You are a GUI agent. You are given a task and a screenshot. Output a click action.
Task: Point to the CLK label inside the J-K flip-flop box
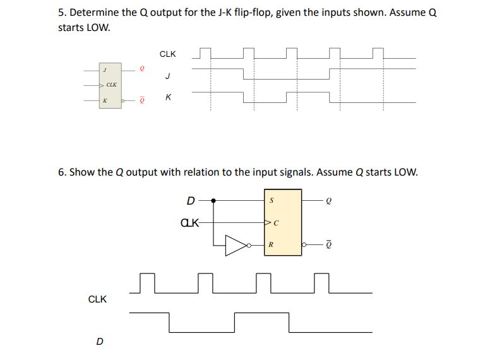(111, 85)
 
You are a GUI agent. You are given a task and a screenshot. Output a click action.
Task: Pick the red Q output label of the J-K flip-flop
(142, 69)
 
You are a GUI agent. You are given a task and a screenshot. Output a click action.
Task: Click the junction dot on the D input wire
(214, 201)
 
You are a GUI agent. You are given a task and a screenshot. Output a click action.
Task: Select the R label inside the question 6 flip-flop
(271, 245)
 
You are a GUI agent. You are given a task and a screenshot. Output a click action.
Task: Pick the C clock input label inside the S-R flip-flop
(276, 223)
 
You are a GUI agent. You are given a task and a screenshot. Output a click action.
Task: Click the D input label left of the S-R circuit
(191, 201)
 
